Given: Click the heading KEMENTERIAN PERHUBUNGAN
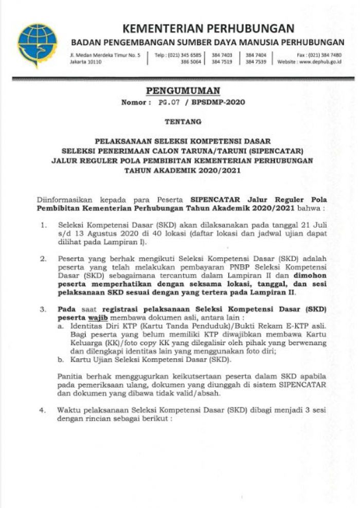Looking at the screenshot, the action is [x=208, y=28].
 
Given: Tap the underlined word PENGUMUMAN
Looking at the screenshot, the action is [x=183, y=91].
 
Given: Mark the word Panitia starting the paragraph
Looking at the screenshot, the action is [x=70, y=376].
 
